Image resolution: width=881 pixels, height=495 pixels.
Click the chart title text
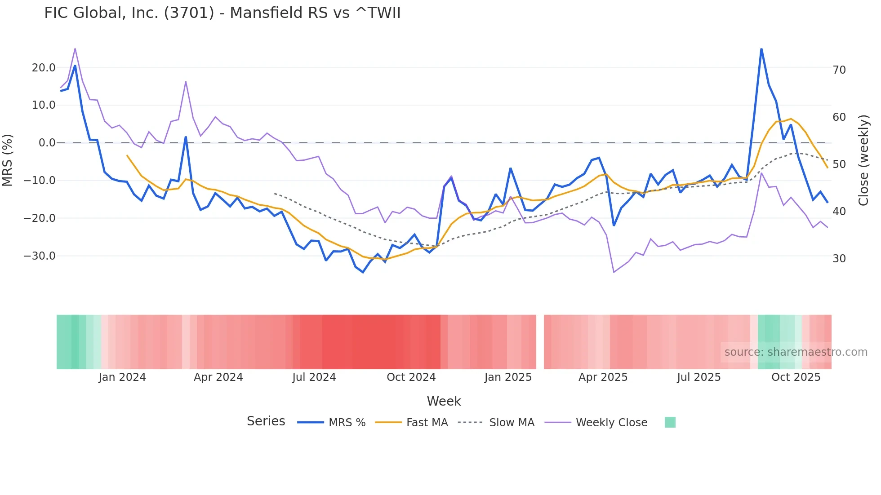click(222, 13)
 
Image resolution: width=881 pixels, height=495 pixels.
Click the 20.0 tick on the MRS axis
click(44, 68)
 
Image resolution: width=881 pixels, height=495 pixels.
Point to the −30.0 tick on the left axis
click(40, 256)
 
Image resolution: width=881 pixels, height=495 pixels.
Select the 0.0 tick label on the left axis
click(47, 143)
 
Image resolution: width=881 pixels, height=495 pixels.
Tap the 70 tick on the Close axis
click(839, 70)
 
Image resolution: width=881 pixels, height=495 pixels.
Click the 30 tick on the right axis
click(839, 259)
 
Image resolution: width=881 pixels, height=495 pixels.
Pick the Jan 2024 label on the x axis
click(122, 377)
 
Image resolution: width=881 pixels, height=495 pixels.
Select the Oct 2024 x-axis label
click(411, 377)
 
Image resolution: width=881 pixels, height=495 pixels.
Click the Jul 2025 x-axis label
click(699, 377)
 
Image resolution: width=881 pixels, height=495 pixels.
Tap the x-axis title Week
click(444, 401)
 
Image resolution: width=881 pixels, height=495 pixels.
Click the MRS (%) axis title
click(8, 160)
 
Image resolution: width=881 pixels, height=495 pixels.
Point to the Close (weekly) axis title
click(863, 160)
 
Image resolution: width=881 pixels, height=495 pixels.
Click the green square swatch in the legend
click(670, 422)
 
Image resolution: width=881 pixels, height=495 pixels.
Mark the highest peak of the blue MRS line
click(761, 49)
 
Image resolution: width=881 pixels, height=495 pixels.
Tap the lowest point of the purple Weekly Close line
click(614, 272)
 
